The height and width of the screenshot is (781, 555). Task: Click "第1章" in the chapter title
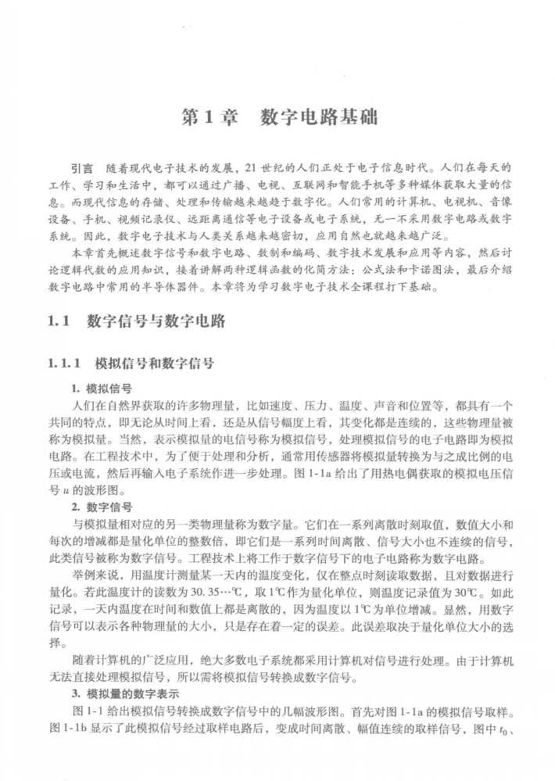(x=206, y=119)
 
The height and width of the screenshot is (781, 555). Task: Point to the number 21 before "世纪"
(x=251, y=169)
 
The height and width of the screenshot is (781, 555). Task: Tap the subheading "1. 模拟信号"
(x=101, y=388)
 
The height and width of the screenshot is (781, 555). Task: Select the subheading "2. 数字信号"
(x=101, y=507)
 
